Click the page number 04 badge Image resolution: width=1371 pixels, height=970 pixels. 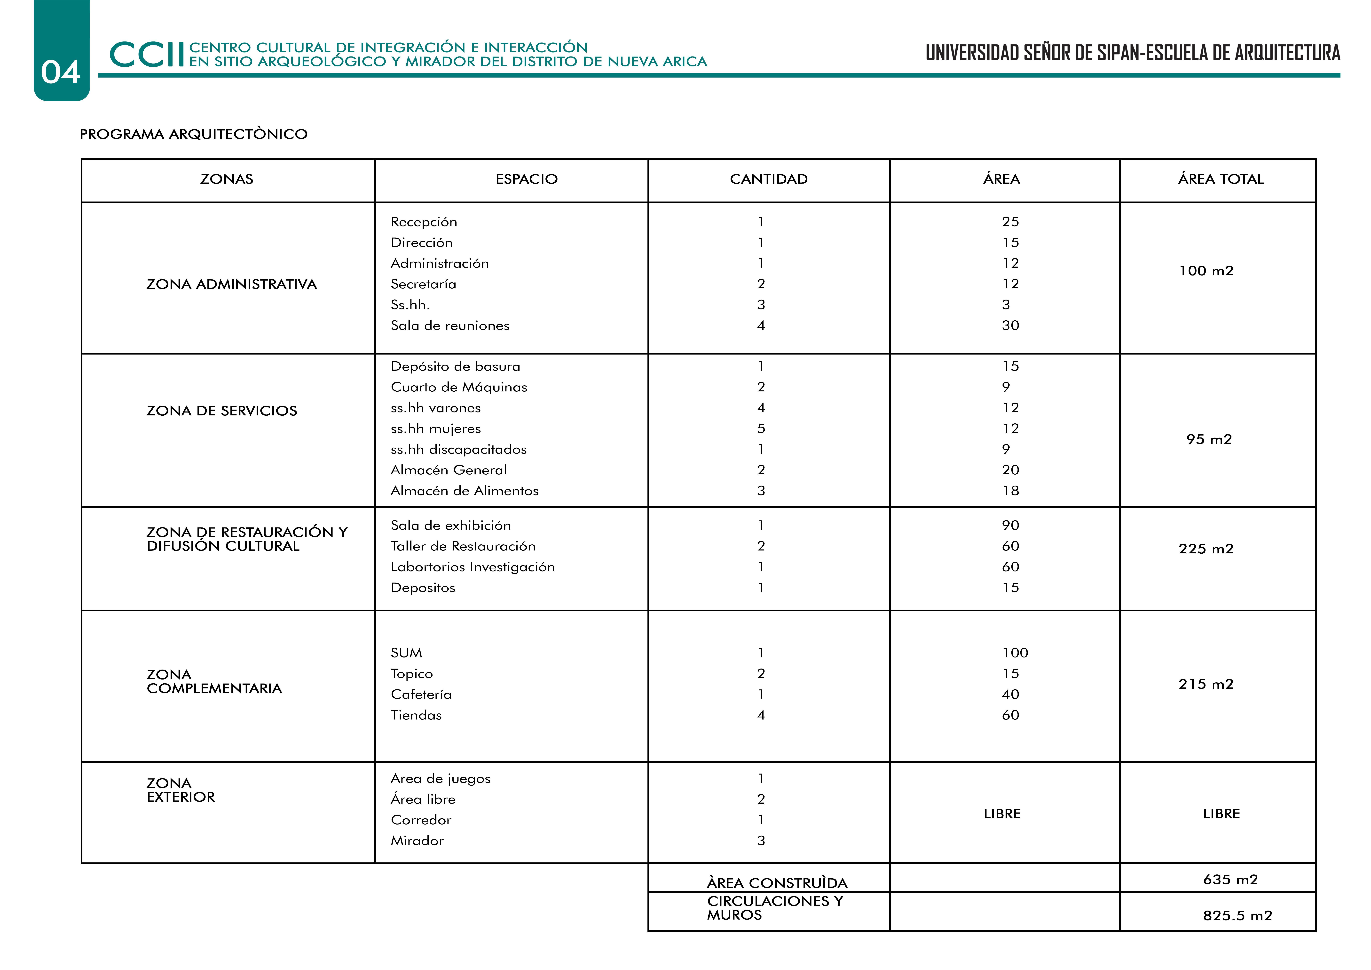click(x=61, y=72)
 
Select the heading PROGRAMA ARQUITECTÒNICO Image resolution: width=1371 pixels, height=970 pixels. click(x=193, y=134)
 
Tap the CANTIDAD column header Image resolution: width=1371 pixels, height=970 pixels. click(x=769, y=179)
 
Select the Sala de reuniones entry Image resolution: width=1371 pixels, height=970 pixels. click(x=450, y=325)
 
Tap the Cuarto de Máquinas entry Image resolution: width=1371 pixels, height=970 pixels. click(x=459, y=387)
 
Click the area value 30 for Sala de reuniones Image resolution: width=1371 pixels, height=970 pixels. click(x=1010, y=325)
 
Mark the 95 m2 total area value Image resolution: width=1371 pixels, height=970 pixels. click(x=1209, y=440)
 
